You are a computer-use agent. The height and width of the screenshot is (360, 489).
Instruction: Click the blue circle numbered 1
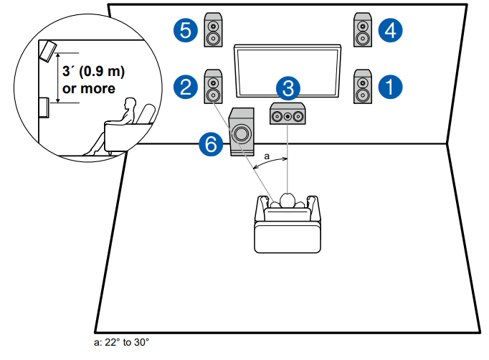[x=391, y=87]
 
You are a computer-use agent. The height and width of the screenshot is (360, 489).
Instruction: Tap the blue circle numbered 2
[x=186, y=87]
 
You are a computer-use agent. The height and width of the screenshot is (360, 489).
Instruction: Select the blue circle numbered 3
[x=288, y=89]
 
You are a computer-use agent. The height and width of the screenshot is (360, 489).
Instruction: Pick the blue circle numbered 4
[x=391, y=30]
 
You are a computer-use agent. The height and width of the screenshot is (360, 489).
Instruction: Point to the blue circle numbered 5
[x=186, y=30]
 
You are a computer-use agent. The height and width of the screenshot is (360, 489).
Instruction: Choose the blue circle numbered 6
[x=211, y=143]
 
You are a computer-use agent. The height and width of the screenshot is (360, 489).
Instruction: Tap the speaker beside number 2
[x=214, y=87]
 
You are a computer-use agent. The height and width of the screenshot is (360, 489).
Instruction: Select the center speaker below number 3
[x=287, y=114]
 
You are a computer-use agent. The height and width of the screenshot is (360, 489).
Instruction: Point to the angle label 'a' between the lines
[x=267, y=154]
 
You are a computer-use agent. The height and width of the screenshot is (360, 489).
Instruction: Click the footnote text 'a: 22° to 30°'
[x=121, y=342]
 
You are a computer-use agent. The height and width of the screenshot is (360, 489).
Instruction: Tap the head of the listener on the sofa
[x=288, y=200]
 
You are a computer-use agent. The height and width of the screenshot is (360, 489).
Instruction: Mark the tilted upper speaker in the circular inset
[x=49, y=50]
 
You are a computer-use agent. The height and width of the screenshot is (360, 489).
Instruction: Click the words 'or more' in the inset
[x=90, y=88]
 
